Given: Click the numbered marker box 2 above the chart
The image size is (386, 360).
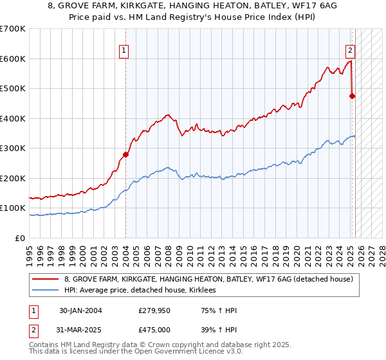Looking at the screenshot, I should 350,50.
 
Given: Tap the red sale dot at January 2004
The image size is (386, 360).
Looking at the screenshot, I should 125,154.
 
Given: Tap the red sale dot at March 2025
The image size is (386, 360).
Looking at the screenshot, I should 353,96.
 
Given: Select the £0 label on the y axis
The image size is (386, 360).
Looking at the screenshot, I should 20,238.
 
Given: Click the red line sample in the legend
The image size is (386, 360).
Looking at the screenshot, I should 46,279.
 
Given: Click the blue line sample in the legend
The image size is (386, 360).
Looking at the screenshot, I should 46,290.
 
